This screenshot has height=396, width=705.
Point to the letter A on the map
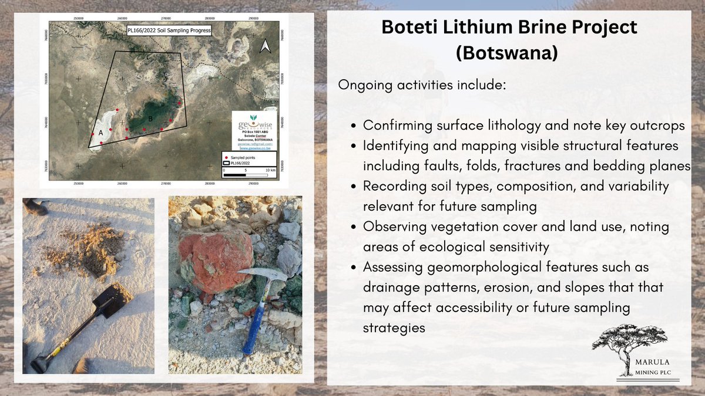click(100, 133)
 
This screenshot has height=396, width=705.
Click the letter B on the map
click(150, 119)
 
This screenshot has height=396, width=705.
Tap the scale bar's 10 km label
click(269, 170)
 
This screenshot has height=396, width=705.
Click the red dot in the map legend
click(226, 158)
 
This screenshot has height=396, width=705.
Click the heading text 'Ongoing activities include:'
click(421, 84)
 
